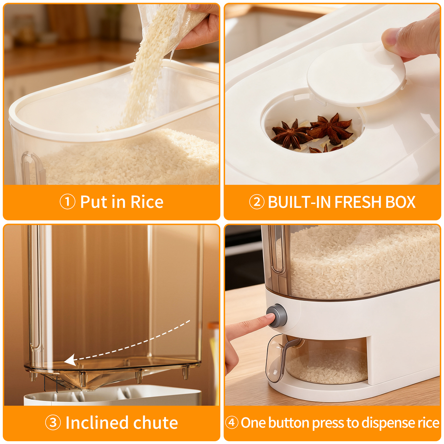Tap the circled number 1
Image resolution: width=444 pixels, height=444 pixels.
[67, 202]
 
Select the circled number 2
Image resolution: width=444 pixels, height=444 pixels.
[257, 202]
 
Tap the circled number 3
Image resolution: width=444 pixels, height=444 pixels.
[53, 423]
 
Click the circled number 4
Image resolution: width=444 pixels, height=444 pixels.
[232, 423]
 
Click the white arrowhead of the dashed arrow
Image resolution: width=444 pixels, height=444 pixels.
[70, 360]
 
